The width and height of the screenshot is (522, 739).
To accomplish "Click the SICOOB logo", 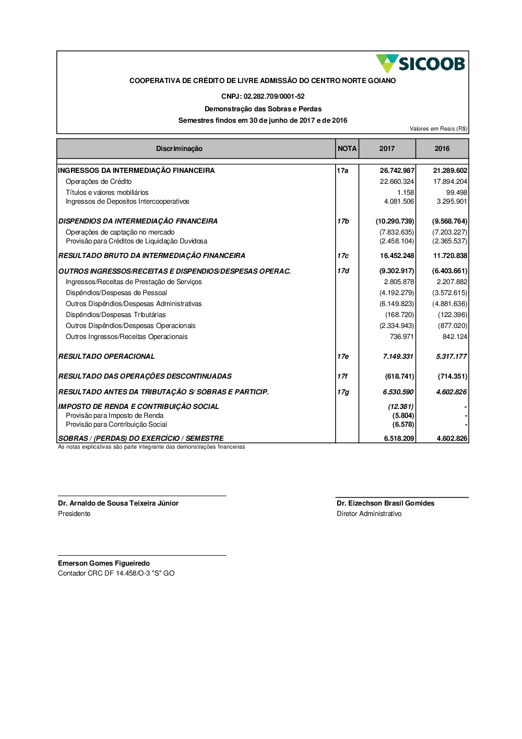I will (x=420, y=64).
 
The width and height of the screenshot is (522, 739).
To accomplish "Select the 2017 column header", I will (x=387, y=149).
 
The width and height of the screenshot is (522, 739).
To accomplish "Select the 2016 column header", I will (x=442, y=149).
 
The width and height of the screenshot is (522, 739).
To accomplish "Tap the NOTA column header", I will (x=347, y=149).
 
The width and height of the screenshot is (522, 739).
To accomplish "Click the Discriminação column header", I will (x=179, y=149).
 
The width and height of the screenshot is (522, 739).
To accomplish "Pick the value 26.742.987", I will (x=397, y=171).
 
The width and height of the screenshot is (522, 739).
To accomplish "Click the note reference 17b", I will (x=343, y=221).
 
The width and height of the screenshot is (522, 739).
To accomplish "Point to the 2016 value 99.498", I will (x=456, y=193).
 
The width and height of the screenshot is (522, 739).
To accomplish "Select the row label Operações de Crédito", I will (x=99, y=182).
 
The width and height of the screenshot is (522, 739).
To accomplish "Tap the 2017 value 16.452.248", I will (x=397, y=256).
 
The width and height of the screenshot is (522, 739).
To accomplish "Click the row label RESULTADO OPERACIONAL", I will (x=106, y=357).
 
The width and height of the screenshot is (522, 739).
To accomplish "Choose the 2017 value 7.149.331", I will (x=398, y=357).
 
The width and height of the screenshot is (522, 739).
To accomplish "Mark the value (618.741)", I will (x=399, y=377).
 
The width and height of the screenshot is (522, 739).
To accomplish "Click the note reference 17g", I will (x=343, y=392).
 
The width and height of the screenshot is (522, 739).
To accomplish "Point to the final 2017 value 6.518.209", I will (x=399, y=439).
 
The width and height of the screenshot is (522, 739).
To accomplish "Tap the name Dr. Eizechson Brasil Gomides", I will (x=385, y=503).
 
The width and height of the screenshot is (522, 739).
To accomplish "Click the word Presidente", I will (x=74, y=514).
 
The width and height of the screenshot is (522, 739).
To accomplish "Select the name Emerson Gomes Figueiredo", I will (x=104, y=564).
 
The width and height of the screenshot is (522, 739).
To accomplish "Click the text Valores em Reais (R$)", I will (x=438, y=129).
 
